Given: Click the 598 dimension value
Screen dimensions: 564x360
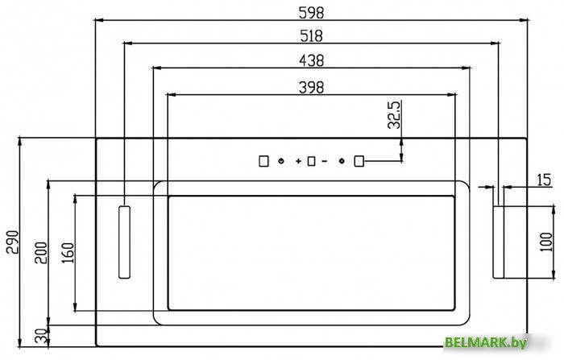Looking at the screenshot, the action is click(311, 13).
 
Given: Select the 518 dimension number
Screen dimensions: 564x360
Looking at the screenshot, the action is click(312, 36).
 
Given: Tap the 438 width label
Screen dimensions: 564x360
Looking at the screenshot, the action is click(312, 60).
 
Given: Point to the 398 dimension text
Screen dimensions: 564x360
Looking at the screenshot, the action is click(312, 88).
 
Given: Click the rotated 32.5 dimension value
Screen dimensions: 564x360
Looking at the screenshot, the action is click(394, 114).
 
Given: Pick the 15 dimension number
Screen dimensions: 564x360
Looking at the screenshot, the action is click(544, 180).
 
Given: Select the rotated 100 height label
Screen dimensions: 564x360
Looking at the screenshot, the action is click(546, 242).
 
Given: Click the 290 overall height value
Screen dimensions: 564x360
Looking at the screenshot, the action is click(13, 242).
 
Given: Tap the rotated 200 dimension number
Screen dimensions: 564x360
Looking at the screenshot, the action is click(41, 253).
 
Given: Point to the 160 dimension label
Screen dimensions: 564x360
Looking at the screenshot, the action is click(68, 252).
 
